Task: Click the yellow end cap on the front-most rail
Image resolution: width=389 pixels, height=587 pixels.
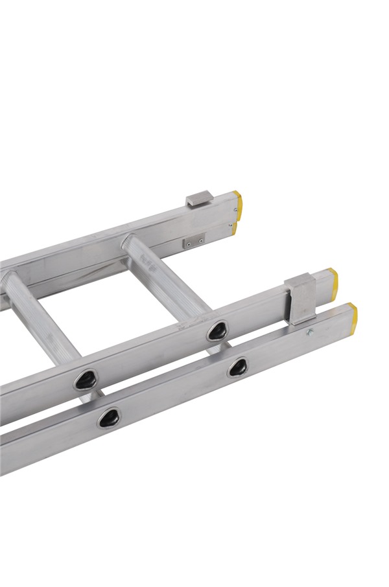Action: pos(352,314)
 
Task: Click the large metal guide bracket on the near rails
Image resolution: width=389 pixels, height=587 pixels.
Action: pos(300,299)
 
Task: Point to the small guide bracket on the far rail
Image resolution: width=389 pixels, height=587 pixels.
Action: pos(198,198)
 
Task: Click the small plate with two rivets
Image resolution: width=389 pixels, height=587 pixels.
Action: pos(193,242)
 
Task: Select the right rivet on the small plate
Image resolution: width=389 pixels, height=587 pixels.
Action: pos(200,240)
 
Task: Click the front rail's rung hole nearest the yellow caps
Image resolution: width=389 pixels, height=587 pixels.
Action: pos(237,367)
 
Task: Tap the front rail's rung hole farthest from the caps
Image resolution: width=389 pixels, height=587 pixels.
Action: pos(108,417)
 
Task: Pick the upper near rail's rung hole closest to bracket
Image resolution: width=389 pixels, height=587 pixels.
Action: pos(216,331)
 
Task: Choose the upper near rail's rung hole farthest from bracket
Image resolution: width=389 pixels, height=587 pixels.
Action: pos(85,380)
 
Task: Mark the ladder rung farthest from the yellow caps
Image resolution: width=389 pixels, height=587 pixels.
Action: pos(39,317)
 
